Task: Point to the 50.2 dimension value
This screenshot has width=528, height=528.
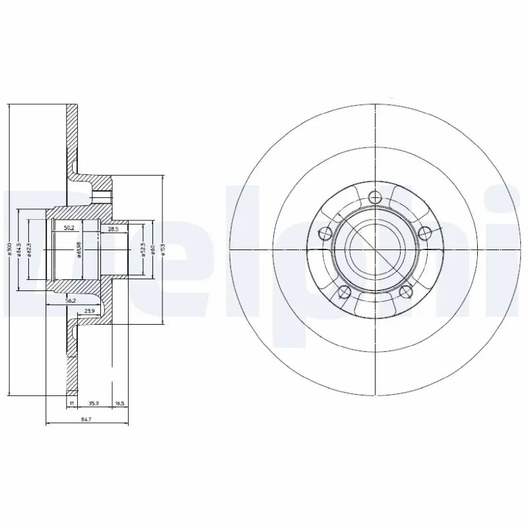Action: [68, 228]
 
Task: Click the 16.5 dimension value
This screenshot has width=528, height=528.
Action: [119, 401]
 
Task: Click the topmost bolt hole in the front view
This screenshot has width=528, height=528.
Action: [376, 196]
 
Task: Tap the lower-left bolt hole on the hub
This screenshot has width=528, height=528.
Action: [342, 292]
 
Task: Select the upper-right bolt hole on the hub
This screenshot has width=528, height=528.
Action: [425, 232]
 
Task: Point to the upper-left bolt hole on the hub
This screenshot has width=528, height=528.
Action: [324, 232]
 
